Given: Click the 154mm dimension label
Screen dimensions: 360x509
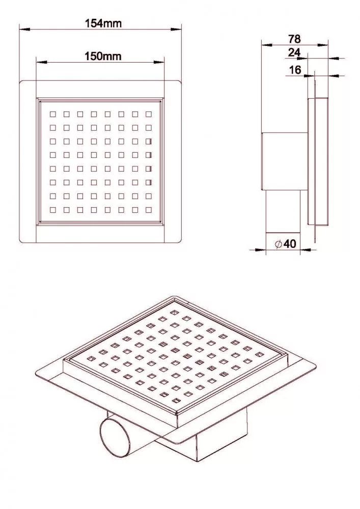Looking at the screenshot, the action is tap(103, 23).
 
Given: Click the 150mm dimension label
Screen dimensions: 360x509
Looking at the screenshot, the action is tap(103, 56).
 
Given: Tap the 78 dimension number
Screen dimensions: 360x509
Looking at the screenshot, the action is tap(294, 39).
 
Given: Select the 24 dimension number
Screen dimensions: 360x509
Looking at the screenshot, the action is tap(294, 52).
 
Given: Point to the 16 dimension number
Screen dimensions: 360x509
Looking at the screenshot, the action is tap(295, 69).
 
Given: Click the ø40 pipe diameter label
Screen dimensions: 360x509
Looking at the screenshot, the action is tap(286, 243).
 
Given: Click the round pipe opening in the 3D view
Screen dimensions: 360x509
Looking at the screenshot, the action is tap(115, 438).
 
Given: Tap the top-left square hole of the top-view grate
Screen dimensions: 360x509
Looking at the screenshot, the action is tap(52, 114).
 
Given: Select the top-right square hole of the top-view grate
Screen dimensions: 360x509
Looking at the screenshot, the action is tap(149, 114).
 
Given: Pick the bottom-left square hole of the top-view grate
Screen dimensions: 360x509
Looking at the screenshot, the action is tap(52, 210).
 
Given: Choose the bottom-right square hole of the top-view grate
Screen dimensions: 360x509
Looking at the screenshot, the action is tap(149, 210).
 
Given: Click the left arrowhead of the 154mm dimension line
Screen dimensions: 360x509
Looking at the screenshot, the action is tap(24, 29).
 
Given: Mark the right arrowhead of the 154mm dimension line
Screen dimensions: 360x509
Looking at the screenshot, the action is tap(176, 29).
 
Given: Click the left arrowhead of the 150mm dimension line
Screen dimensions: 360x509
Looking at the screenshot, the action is tap(42, 62).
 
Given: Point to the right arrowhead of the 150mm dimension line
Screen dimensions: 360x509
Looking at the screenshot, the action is tap(159, 62).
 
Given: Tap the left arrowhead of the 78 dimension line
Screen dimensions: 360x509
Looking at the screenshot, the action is tap(267, 45).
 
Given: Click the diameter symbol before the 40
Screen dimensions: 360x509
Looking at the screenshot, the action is tap(278, 244).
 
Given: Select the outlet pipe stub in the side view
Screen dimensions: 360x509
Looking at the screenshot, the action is tap(283, 211).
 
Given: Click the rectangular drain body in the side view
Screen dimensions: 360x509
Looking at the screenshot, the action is tap(285, 161).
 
